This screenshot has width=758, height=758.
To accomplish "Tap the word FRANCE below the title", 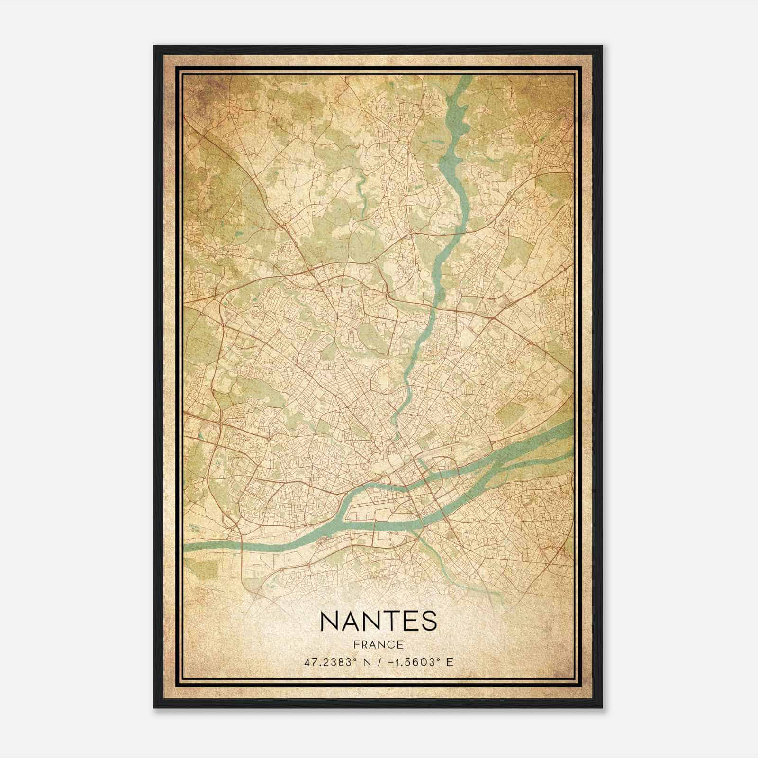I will pyautogui.click(x=379, y=644).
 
